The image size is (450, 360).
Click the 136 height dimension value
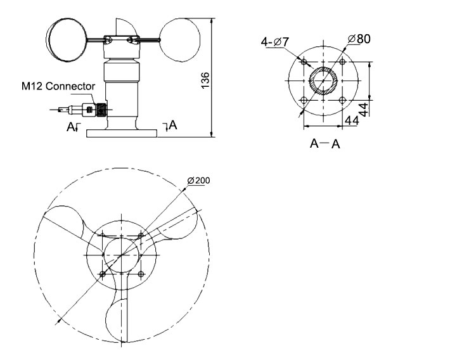[x=205, y=80]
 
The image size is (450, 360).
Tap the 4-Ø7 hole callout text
[x=276, y=42]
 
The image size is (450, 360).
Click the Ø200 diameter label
[x=198, y=181]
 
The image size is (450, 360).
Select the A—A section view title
[x=325, y=144]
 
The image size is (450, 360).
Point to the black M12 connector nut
[x=98, y=110]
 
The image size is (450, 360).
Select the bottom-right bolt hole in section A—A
[x=343, y=101]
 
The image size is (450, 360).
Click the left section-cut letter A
[x=70, y=127]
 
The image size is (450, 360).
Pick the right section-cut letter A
[x=173, y=125]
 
